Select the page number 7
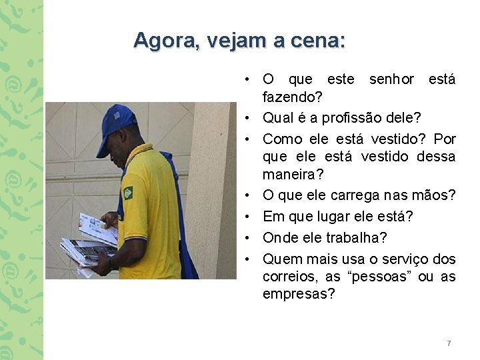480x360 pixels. [x=449, y=343]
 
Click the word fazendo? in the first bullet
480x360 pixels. [x=293, y=98]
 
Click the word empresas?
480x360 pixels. [x=299, y=294]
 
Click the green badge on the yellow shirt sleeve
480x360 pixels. [x=127, y=193]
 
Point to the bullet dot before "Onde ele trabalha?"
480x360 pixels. [x=247, y=238]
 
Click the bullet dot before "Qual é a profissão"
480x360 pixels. [x=247, y=119]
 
